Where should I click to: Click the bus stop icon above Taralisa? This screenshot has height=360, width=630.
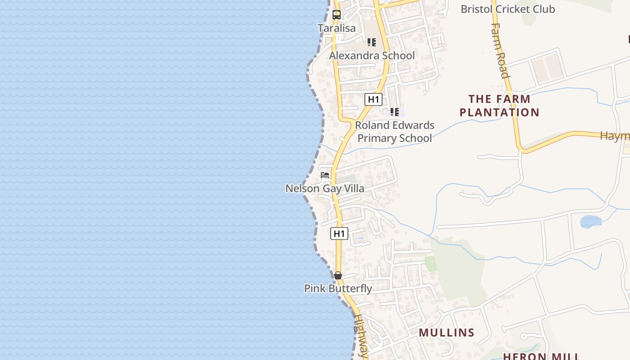click(x=337, y=14)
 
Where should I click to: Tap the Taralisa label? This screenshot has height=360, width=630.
click(x=337, y=28)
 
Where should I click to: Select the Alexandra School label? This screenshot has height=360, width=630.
click(x=372, y=55)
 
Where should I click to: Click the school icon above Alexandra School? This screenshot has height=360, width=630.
click(x=371, y=42)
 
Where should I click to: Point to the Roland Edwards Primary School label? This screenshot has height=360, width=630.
click(x=395, y=131)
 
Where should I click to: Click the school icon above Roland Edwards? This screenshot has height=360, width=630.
click(x=394, y=112)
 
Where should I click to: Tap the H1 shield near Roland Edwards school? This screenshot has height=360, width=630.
click(x=373, y=99)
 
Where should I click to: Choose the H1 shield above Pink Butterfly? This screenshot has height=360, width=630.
click(x=339, y=234)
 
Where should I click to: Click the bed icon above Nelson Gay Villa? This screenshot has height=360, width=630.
click(x=325, y=175)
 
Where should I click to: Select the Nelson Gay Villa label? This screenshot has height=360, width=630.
click(x=325, y=188)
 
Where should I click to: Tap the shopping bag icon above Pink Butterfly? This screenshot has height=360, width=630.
click(x=338, y=275)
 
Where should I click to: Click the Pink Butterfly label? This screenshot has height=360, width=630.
click(x=338, y=288)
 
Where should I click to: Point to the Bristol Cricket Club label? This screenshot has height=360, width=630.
click(x=508, y=9)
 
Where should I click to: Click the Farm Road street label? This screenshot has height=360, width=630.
click(x=500, y=50)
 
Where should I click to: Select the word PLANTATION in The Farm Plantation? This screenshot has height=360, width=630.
click(x=499, y=112)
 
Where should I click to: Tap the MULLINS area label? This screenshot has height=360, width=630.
click(x=446, y=333)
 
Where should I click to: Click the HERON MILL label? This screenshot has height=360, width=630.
click(x=541, y=356)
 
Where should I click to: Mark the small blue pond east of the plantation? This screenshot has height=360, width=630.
click(x=590, y=221)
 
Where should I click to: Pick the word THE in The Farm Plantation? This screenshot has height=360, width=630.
click(x=480, y=99)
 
